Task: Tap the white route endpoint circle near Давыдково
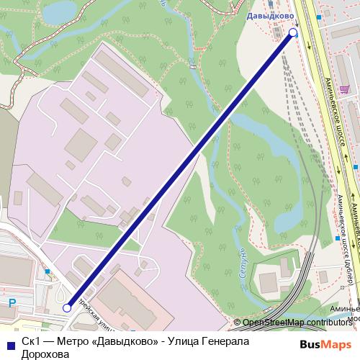point(292,32)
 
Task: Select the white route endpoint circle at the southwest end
point(67,307)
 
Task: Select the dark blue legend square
point(9,343)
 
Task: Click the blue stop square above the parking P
point(48,271)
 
